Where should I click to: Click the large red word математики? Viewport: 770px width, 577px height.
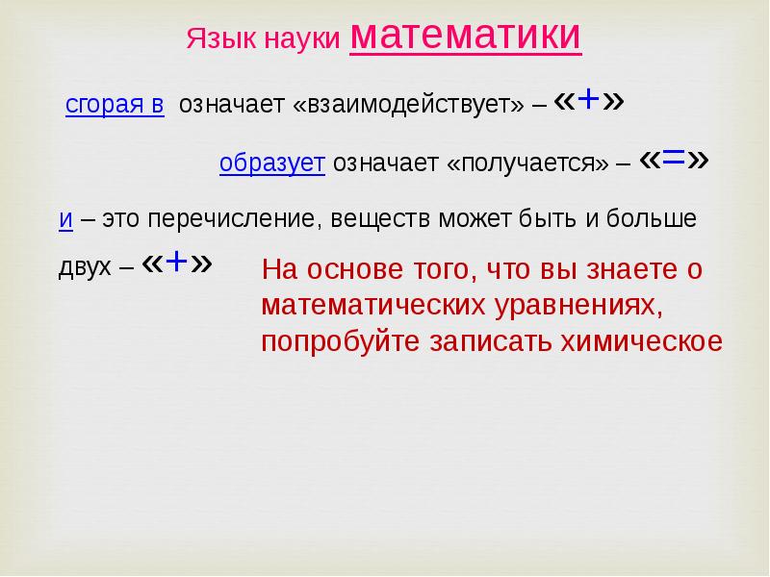[466, 37]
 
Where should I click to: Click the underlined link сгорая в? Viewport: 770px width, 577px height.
[115, 106]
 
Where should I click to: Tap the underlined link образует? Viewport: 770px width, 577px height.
[272, 163]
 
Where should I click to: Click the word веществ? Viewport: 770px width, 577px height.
[380, 219]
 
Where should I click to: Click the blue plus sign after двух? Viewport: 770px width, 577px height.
[176, 263]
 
